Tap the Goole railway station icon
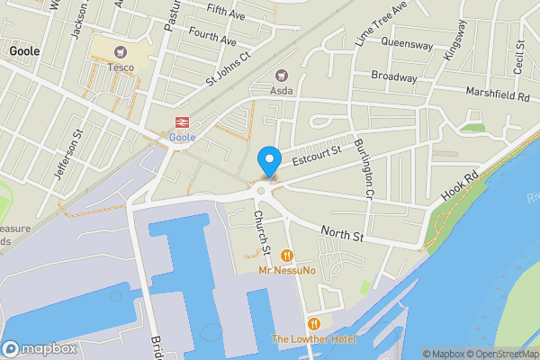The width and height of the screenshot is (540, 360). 181,122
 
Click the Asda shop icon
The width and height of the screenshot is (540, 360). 282,76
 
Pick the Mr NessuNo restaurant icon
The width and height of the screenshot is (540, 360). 286,256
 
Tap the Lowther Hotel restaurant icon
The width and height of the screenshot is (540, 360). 314,324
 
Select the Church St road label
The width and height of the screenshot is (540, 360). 261,230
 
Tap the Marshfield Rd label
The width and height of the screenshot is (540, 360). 498,94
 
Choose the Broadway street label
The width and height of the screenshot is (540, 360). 394,77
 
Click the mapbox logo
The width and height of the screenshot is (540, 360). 39,348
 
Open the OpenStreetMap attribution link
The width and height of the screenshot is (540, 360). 499,354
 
